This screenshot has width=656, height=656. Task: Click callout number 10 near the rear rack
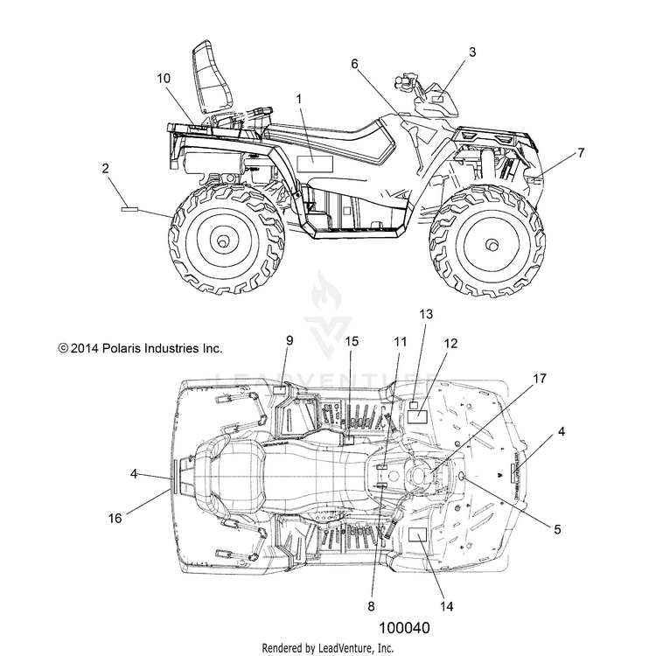pos(164,78)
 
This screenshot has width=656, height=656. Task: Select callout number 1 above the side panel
pos(299,99)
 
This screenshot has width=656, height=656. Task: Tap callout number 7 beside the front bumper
pos(581,153)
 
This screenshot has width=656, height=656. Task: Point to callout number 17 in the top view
pos(540,379)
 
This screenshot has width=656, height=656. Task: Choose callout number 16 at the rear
pos(115,519)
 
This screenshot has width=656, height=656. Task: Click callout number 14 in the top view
pos(447,606)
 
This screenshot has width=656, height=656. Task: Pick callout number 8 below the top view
pos(371,606)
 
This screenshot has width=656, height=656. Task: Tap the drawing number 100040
pos(404,628)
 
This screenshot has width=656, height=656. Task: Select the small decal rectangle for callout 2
pos(129,209)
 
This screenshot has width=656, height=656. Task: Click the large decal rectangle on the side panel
pos(315,164)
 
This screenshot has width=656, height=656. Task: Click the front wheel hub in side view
pos(492,244)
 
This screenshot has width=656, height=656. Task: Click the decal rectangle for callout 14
pos(417,534)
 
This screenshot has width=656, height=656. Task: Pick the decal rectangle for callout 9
pos(279,390)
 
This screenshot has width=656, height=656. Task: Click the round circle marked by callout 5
pos(463,476)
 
